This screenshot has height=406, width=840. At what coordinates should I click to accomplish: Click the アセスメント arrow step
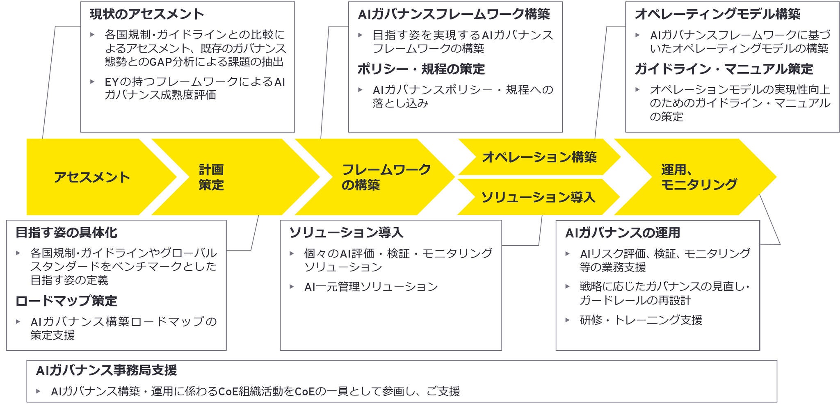[x=92, y=177]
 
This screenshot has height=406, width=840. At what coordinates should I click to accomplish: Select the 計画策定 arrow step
[x=211, y=177]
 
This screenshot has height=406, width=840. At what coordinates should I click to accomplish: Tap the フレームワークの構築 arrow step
[x=386, y=177]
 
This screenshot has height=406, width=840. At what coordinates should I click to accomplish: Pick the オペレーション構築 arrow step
[x=539, y=157]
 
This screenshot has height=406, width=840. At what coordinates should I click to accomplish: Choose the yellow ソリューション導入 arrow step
[x=538, y=197]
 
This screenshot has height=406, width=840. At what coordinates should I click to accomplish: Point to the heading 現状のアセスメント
[x=147, y=14]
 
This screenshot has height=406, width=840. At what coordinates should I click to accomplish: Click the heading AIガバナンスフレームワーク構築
[x=454, y=14]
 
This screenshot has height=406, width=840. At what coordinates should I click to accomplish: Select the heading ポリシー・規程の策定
[x=421, y=69]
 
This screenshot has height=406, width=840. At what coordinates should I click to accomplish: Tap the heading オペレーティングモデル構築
[x=717, y=14]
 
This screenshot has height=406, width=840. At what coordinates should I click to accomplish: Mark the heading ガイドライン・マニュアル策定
[x=724, y=69]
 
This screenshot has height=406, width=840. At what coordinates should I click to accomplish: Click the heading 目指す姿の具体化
[x=66, y=233]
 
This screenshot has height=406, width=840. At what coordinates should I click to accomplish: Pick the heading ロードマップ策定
[x=66, y=301]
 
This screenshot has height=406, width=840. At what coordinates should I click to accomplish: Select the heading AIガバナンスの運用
[x=622, y=233]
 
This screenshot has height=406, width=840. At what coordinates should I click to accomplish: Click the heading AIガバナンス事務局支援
[x=106, y=370]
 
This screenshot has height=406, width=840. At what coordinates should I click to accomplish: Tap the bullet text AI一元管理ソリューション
[x=371, y=287]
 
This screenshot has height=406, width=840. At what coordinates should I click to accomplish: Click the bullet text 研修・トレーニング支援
[x=641, y=320]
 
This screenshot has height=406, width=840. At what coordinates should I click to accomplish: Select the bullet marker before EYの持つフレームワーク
[x=93, y=82]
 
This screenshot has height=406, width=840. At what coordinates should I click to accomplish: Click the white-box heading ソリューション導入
[x=346, y=233]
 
